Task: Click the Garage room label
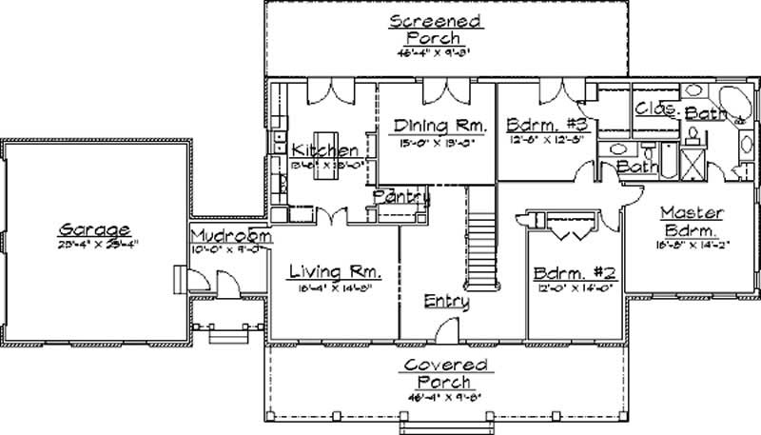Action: pos(94,228)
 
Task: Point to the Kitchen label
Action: pos(325,150)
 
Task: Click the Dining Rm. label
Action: pos(440,126)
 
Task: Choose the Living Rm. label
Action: pos(334,269)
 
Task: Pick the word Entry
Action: pos(447,301)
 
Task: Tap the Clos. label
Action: pos(656,109)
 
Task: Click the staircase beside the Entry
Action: pos(483,238)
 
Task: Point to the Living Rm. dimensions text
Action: pos(334,286)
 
